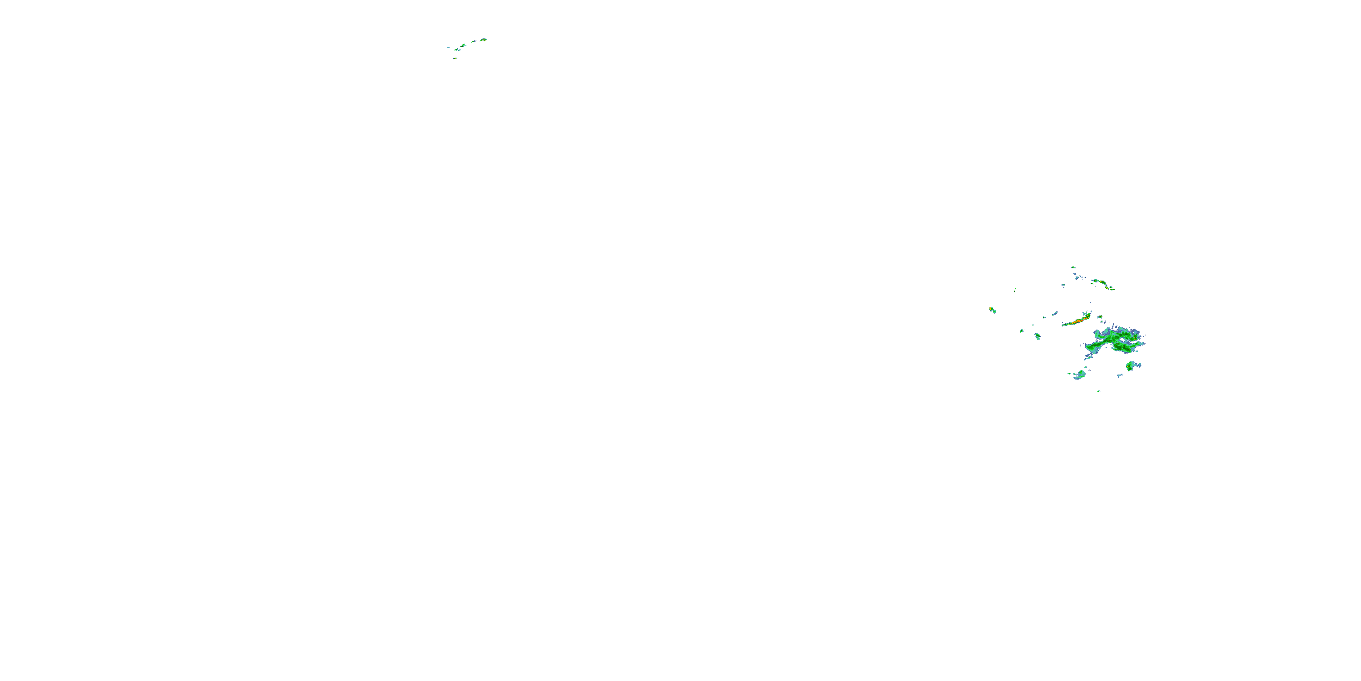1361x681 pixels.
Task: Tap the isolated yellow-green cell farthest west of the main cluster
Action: pos(992,309)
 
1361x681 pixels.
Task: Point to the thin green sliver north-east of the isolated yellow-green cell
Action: pos(1015,290)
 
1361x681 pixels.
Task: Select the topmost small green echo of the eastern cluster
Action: pos(1073,267)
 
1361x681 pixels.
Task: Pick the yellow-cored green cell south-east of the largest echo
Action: pos(1130,366)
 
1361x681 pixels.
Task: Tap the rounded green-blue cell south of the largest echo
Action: pos(1079,375)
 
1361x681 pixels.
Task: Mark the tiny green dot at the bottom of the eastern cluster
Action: pos(1099,391)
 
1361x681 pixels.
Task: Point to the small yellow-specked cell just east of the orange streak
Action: pos(1100,318)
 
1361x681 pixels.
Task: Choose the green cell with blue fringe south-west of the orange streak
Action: pos(1037,336)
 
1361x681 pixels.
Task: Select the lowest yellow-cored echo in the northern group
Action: pos(455,58)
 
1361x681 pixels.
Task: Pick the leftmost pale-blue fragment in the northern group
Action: pos(449,48)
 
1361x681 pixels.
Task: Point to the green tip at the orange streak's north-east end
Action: pos(1088,315)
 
